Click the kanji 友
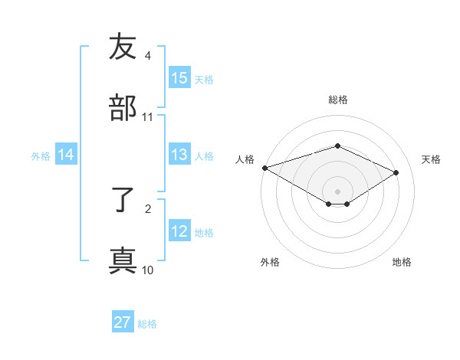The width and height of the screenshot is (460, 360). [123, 47]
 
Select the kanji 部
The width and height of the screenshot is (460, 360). [123, 108]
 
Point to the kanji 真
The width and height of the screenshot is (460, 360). [123, 260]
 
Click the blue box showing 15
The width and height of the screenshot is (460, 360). [179, 77]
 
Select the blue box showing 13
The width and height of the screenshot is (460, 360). [179, 155]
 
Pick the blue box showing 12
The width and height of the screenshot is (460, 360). [179, 231]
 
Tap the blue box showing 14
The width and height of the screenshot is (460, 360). [66, 155]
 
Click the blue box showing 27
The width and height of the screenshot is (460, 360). [123, 322]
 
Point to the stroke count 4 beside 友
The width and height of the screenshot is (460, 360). [148, 56]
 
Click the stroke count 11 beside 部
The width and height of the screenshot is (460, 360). [148, 117]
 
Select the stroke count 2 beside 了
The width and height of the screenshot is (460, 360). [148, 208]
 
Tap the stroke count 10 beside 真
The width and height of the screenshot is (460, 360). [148, 270]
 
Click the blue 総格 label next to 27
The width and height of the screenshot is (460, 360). [147, 324]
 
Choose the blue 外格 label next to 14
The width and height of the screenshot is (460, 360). [41, 155]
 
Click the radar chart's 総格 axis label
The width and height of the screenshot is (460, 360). [337, 100]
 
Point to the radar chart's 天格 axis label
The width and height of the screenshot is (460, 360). [431, 159]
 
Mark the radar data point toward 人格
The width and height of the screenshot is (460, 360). [264, 168]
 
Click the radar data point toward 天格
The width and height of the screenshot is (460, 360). [396, 173]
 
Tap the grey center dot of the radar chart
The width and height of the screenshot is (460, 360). [337, 191]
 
